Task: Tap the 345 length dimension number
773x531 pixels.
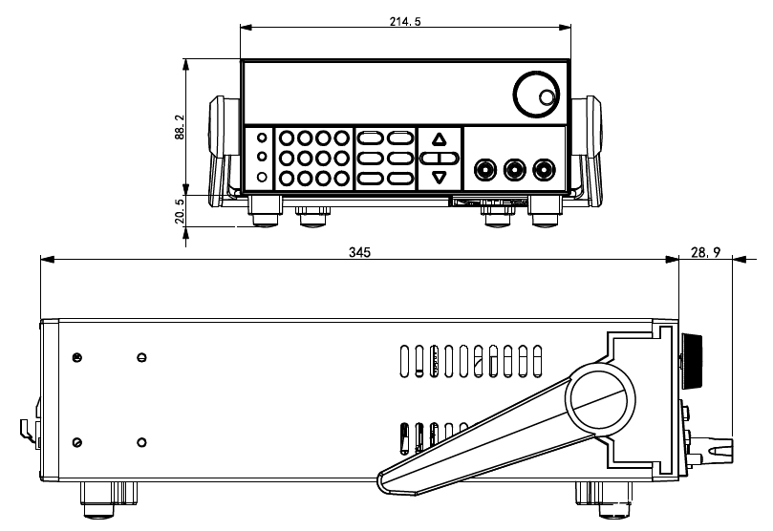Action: point(359,253)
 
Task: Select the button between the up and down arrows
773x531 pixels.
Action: point(439,158)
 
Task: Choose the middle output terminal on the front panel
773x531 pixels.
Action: point(516,170)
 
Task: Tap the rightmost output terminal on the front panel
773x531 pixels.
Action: point(545,170)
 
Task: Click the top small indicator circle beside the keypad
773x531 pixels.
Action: point(262,138)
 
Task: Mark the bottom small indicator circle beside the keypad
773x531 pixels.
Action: point(262,177)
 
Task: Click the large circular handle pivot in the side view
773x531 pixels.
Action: point(601,401)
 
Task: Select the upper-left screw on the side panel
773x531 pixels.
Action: point(76,358)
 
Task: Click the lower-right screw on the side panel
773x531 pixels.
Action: point(141,441)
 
